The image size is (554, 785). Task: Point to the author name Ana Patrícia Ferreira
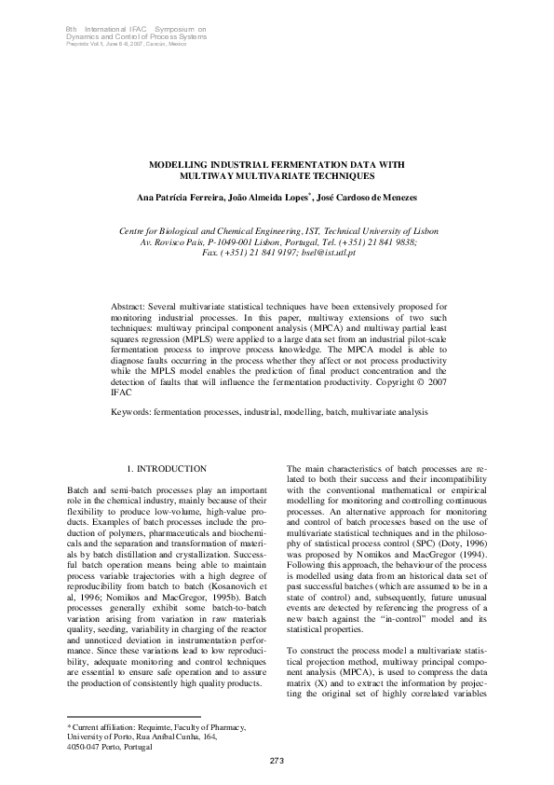coord(180,200)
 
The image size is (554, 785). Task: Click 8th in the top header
coord(71,30)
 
